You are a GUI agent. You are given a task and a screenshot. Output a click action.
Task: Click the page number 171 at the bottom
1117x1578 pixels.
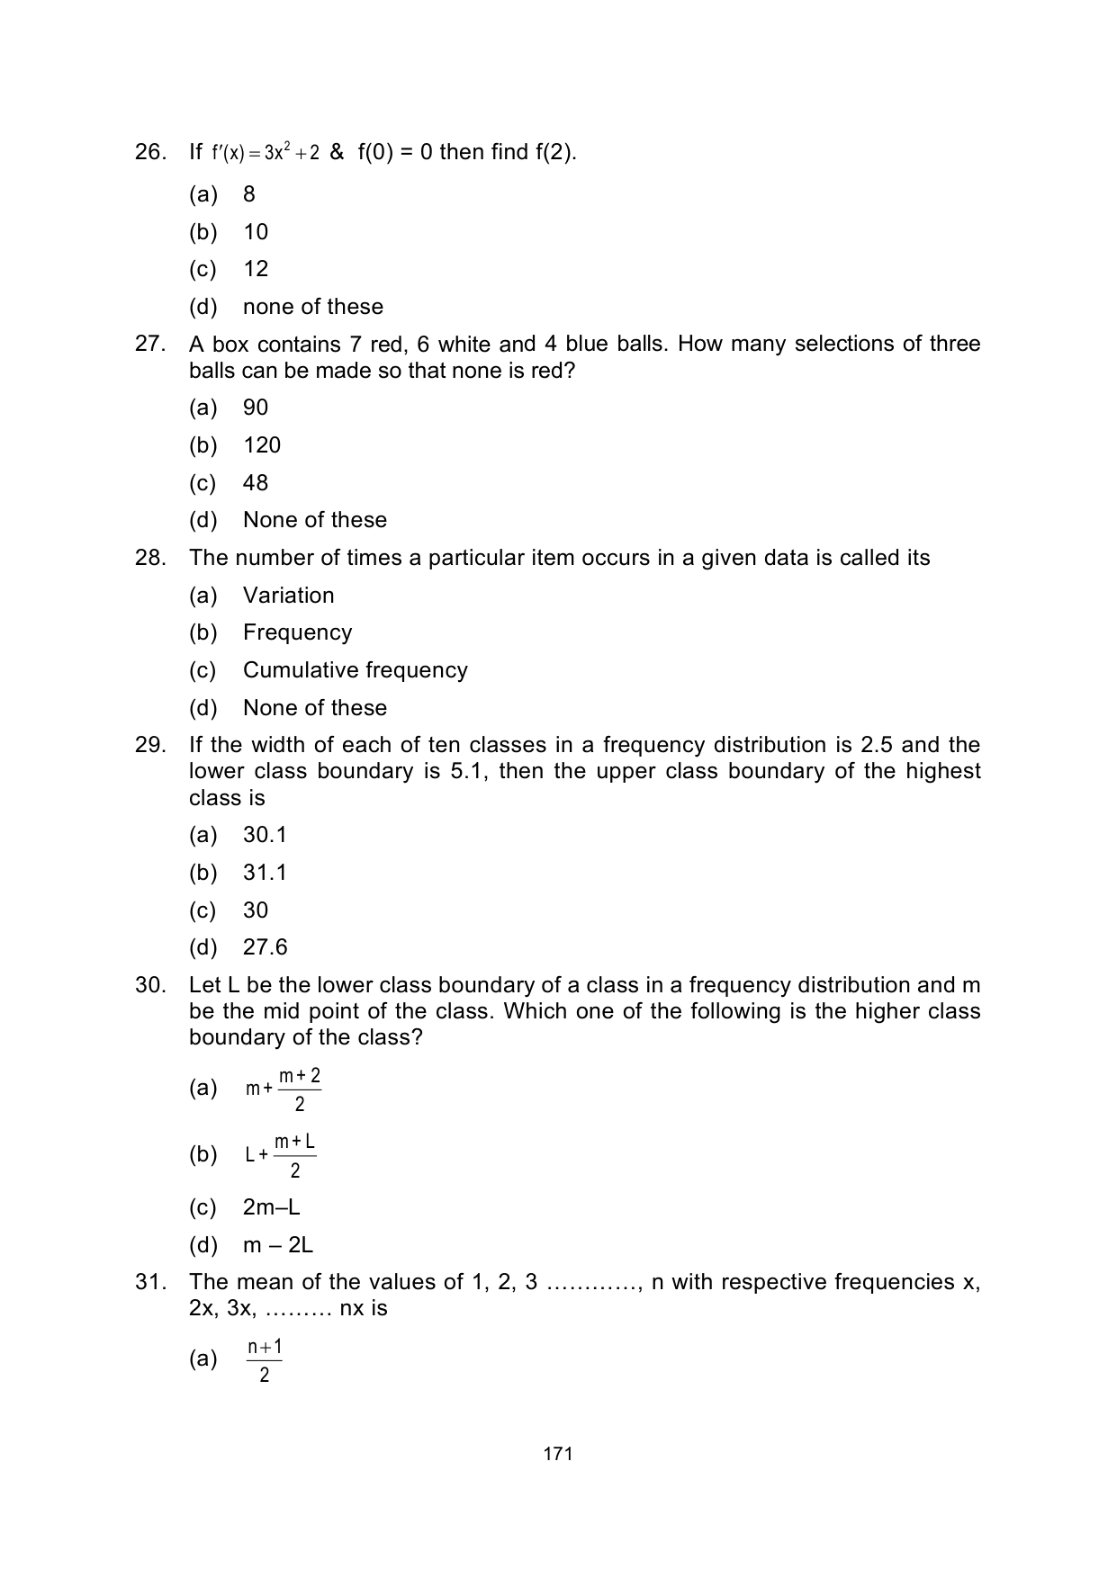click(558, 1454)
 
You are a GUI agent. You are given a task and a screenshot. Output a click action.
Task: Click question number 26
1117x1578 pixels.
click(150, 152)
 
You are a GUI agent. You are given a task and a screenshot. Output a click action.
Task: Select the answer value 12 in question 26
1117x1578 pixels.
click(256, 269)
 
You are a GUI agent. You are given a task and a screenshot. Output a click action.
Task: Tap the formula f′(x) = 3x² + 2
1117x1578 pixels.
click(266, 153)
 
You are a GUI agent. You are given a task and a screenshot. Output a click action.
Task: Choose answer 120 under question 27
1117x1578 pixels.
click(262, 445)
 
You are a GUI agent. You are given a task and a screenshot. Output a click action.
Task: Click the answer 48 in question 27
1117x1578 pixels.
click(256, 483)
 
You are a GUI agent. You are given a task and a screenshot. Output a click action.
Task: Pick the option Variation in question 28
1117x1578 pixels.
click(288, 596)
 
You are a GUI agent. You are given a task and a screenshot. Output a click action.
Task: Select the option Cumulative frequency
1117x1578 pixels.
click(355, 670)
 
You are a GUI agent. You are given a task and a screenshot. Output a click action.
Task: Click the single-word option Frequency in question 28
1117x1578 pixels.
click(297, 632)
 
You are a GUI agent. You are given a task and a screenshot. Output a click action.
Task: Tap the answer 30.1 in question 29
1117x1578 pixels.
click(265, 835)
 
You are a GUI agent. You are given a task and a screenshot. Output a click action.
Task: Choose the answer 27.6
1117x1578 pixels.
click(265, 947)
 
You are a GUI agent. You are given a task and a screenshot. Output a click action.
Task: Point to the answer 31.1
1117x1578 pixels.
click(265, 873)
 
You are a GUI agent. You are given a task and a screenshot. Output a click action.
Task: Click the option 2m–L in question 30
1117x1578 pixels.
click(271, 1207)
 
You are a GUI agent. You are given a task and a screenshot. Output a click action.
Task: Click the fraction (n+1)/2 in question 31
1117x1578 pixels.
click(265, 1360)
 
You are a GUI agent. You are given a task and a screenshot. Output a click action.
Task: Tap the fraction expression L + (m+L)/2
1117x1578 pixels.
click(280, 1155)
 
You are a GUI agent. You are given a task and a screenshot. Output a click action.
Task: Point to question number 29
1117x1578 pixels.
click(150, 745)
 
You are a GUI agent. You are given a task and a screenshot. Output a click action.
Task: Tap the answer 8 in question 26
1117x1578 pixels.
click(249, 194)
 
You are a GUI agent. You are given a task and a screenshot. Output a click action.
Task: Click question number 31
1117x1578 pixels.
click(150, 1282)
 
